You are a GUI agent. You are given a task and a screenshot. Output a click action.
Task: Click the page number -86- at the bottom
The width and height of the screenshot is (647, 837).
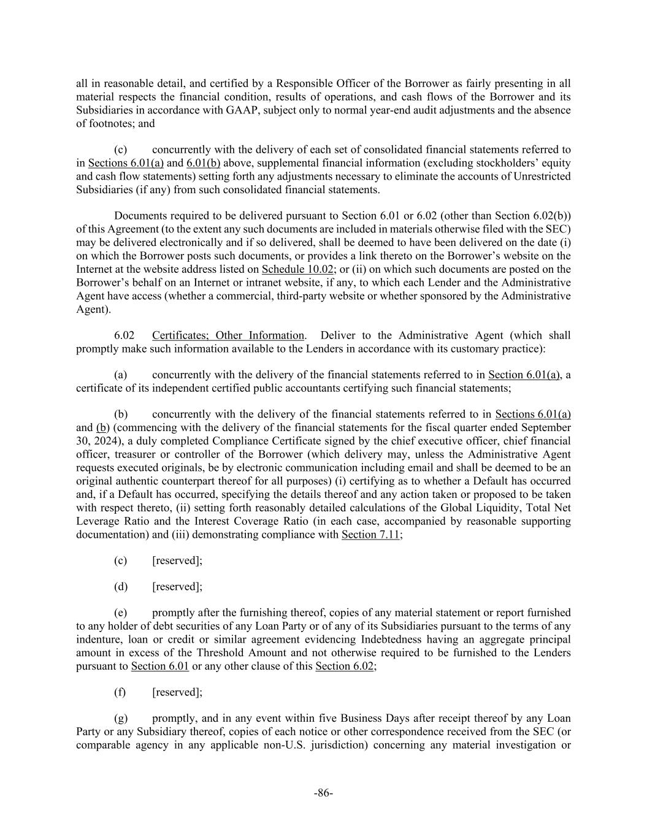tap(323, 793)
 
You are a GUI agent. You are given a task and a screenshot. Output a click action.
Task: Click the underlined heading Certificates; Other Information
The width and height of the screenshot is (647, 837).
tap(228, 335)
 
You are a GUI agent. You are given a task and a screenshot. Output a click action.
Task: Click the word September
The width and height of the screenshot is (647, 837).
tap(546, 427)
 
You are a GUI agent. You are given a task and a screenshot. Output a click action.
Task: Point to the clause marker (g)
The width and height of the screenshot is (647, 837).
tap(121, 719)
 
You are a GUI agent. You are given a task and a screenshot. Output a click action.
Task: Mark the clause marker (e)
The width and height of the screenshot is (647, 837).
tap(121, 613)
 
